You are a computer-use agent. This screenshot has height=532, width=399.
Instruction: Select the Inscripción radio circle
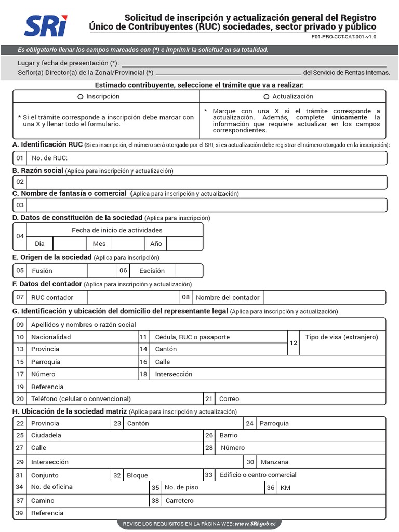(x=80, y=97)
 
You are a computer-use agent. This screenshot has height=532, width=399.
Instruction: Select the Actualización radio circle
(x=267, y=97)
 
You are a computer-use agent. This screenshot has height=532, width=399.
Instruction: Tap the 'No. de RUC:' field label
(x=49, y=158)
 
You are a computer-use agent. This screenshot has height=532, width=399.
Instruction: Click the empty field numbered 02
(x=206, y=182)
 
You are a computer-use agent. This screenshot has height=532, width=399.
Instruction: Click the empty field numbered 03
(x=206, y=205)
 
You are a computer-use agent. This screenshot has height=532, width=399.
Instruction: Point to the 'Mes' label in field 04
(x=99, y=244)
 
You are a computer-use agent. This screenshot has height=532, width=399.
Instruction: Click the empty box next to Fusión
(x=101, y=271)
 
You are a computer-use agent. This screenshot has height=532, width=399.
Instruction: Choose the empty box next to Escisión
(x=188, y=271)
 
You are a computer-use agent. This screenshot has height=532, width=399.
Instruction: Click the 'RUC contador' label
(x=52, y=298)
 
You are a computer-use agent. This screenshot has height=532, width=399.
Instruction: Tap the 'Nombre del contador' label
(x=228, y=298)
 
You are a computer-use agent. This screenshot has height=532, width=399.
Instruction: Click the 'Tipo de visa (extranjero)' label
(x=342, y=337)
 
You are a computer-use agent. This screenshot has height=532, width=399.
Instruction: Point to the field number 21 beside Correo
(x=209, y=399)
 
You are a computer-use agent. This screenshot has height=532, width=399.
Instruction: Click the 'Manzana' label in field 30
(x=274, y=462)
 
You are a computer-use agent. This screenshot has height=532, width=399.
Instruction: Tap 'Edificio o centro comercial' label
(x=258, y=475)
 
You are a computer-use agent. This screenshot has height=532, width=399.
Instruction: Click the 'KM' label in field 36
(x=285, y=488)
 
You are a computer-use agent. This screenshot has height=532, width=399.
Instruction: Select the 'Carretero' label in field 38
(x=179, y=501)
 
